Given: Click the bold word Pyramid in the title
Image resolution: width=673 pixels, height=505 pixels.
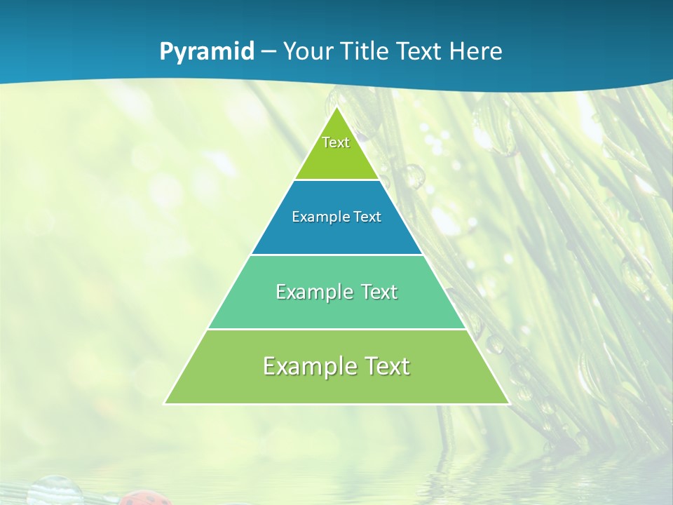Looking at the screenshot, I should click(207, 52).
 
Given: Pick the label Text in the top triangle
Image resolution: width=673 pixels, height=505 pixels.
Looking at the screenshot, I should click(336, 142).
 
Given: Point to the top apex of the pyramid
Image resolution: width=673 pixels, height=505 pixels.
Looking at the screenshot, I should click(337, 108).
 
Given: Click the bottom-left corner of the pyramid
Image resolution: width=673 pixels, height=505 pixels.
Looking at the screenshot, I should click(165, 403).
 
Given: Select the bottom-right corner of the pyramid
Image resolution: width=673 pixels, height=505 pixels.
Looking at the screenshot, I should click(508, 403).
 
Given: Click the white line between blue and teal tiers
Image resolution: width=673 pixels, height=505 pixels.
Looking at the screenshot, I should click(336, 255).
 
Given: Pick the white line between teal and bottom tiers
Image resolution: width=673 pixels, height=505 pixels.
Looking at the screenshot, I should click(336, 329).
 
